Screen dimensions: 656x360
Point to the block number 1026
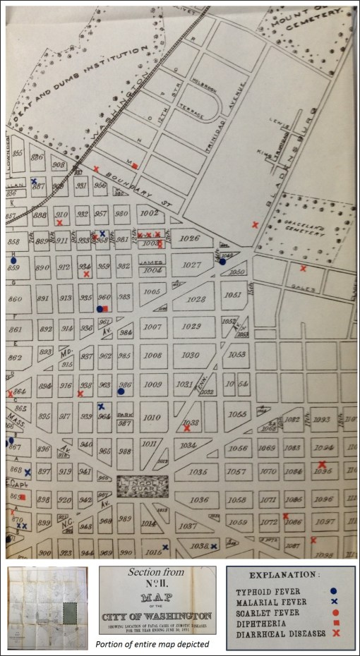(190, 239)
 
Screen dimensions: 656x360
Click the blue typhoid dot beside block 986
(121, 391)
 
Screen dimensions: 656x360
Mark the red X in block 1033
(186, 427)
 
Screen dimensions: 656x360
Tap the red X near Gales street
(303, 269)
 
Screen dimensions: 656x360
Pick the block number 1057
(239, 472)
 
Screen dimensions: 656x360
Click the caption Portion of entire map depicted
(157, 644)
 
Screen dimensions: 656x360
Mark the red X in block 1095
(323, 464)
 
